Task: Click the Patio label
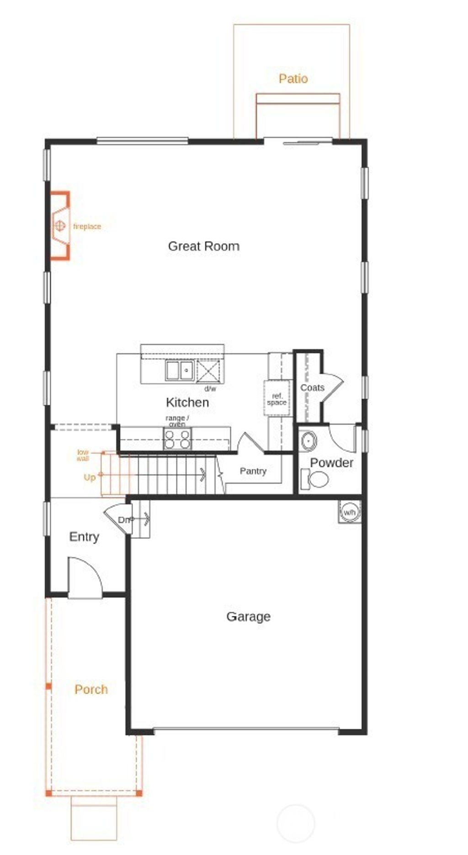(x=293, y=79)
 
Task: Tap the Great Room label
(x=203, y=246)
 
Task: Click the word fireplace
(x=87, y=227)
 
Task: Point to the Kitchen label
(x=187, y=403)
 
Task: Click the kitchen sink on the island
(x=180, y=371)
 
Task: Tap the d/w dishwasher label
(x=210, y=389)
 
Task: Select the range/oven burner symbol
(x=177, y=439)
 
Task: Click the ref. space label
(x=277, y=399)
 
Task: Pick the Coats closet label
(x=312, y=388)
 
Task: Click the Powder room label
(x=331, y=462)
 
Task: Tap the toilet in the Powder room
(x=316, y=479)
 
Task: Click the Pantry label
(x=253, y=471)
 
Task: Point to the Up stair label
(x=90, y=478)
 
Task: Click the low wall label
(x=83, y=455)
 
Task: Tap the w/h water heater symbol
(x=349, y=512)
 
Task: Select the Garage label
(x=248, y=616)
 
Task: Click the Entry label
(x=84, y=536)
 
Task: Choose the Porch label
(x=91, y=689)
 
